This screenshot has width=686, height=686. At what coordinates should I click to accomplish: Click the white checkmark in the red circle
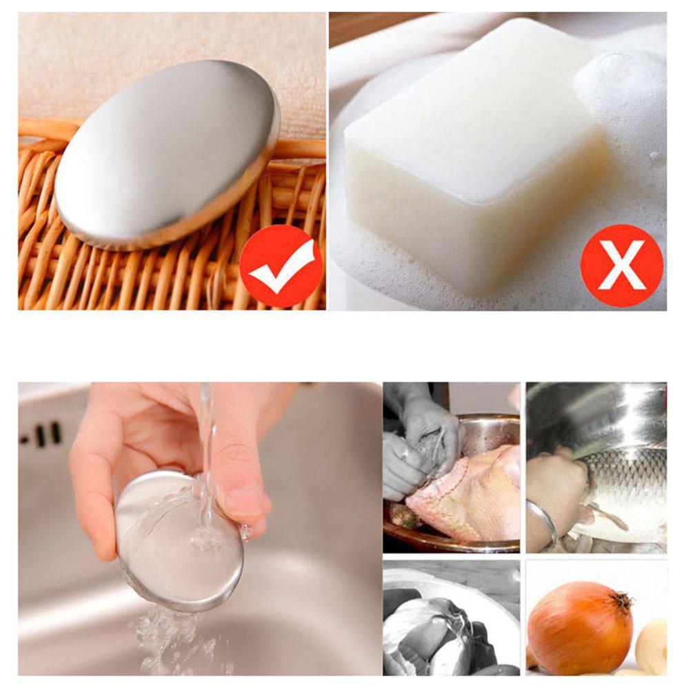coord(280,266)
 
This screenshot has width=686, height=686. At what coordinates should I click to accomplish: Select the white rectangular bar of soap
coord(476,159)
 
